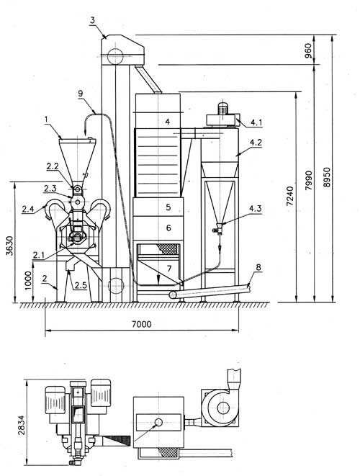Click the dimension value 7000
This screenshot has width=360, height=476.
tap(141, 324)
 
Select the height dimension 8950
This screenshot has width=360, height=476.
tap(327, 177)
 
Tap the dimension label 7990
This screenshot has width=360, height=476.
tap(308, 180)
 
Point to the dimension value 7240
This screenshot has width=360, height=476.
tap(290, 196)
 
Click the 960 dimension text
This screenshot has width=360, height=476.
tap(308, 50)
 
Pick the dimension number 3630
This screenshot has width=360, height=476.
tap(10, 246)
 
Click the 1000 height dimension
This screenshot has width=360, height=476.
tap(28, 281)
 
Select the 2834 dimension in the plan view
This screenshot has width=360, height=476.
tap(22, 425)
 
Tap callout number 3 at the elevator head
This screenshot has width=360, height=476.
tap(93, 20)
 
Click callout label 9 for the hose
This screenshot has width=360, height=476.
tap(81, 93)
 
